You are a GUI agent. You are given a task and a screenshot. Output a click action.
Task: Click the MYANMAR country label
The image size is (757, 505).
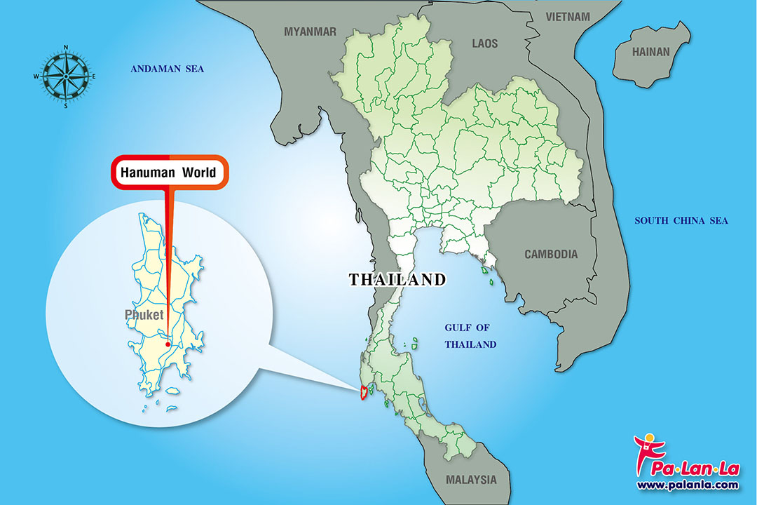(x=310, y=32)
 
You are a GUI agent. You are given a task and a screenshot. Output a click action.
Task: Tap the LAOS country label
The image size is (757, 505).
(x=484, y=43)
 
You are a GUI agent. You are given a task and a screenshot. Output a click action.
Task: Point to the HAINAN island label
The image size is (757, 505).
(x=651, y=52)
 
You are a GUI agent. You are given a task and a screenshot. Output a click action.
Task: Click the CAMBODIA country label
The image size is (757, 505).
(x=551, y=254)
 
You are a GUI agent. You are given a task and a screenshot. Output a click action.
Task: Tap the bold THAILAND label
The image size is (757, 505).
(x=397, y=279)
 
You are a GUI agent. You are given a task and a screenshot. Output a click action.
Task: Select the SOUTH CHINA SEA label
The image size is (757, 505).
(x=681, y=221)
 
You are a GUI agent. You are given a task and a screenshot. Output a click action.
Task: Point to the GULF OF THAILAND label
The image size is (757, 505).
(x=471, y=336)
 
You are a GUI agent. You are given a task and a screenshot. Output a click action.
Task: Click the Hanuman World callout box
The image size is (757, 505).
(x=170, y=172)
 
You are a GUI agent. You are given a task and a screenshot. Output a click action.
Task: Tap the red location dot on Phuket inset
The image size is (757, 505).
(x=168, y=344)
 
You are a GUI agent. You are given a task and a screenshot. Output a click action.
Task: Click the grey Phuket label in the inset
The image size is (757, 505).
(x=144, y=315)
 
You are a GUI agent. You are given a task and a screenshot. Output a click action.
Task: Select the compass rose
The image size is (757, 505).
(x=66, y=76)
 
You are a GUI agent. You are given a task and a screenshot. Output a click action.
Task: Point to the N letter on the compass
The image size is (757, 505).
(x=66, y=48)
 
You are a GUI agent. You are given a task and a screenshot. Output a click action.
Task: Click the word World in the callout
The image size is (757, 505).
(x=200, y=172)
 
